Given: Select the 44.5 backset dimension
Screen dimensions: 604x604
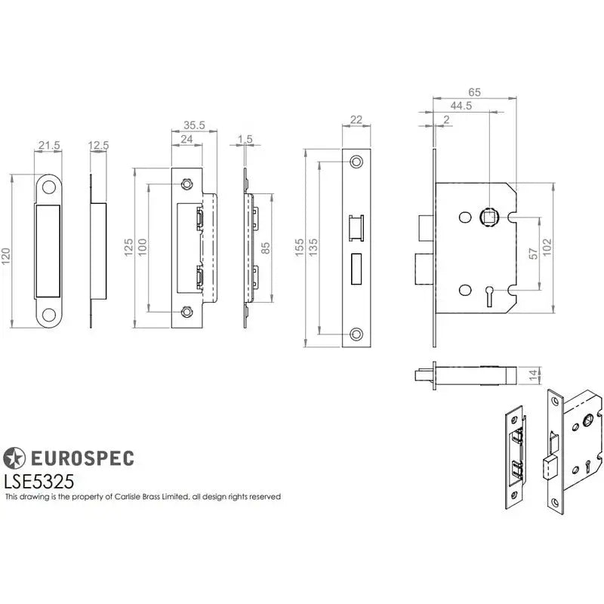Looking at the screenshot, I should [461, 106].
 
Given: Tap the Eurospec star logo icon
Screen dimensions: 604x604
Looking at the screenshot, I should [14, 458].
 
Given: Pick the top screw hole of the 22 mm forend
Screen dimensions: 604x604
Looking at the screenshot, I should [355, 162].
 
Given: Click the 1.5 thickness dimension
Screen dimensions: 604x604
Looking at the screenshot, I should [245, 140].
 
